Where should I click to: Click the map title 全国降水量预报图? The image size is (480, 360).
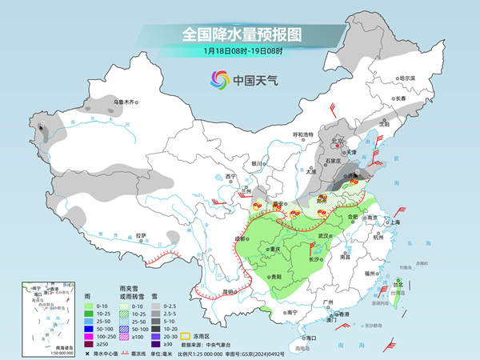pos(240,35)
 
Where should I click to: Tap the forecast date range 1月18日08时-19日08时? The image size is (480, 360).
pos(239,52)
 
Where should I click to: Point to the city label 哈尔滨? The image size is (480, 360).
pos(408,78)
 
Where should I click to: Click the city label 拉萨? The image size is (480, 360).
pos(141,235)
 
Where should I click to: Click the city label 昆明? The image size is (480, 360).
pos(231,291)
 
